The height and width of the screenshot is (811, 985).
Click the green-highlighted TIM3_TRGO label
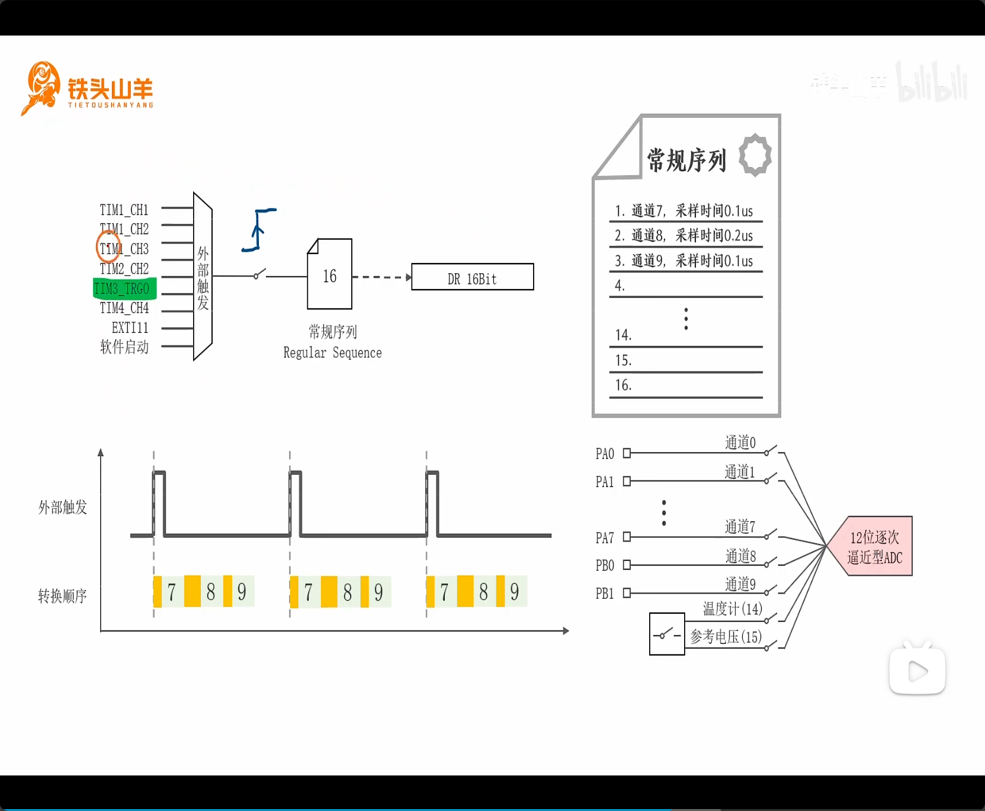tap(123, 289)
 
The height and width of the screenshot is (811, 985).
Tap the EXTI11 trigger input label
tap(130, 328)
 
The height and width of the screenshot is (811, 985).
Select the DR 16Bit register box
tap(472, 277)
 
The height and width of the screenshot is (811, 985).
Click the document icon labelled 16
tap(329, 275)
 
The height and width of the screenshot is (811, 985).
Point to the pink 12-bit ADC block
tap(873, 546)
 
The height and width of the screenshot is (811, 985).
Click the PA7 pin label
tap(604, 537)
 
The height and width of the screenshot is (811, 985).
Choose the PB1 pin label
tap(604, 593)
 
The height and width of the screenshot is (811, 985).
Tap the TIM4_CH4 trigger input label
tap(124, 308)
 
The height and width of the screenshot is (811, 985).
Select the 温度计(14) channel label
tap(732, 608)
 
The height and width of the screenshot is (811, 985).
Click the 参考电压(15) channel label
tap(726, 636)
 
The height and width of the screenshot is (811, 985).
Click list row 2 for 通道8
tap(684, 236)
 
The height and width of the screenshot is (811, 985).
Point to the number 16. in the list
tap(623, 385)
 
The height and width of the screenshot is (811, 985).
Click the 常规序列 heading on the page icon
tap(686, 160)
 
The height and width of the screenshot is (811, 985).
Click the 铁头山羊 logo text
tap(110, 89)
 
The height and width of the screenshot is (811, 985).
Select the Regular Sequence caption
tap(332, 352)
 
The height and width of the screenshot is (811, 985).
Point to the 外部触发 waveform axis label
tap(62, 507)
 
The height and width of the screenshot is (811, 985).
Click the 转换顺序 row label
tap(62, 595)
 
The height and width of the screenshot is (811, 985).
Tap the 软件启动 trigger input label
tap(124, 347)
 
